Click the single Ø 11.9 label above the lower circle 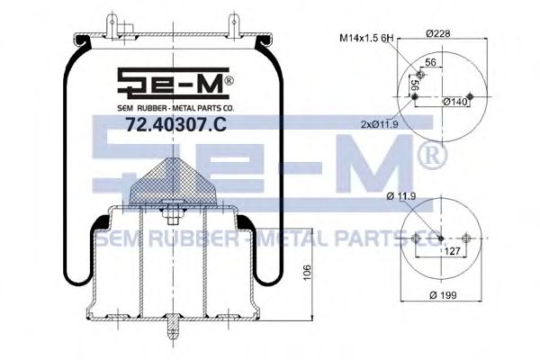point(401,195)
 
